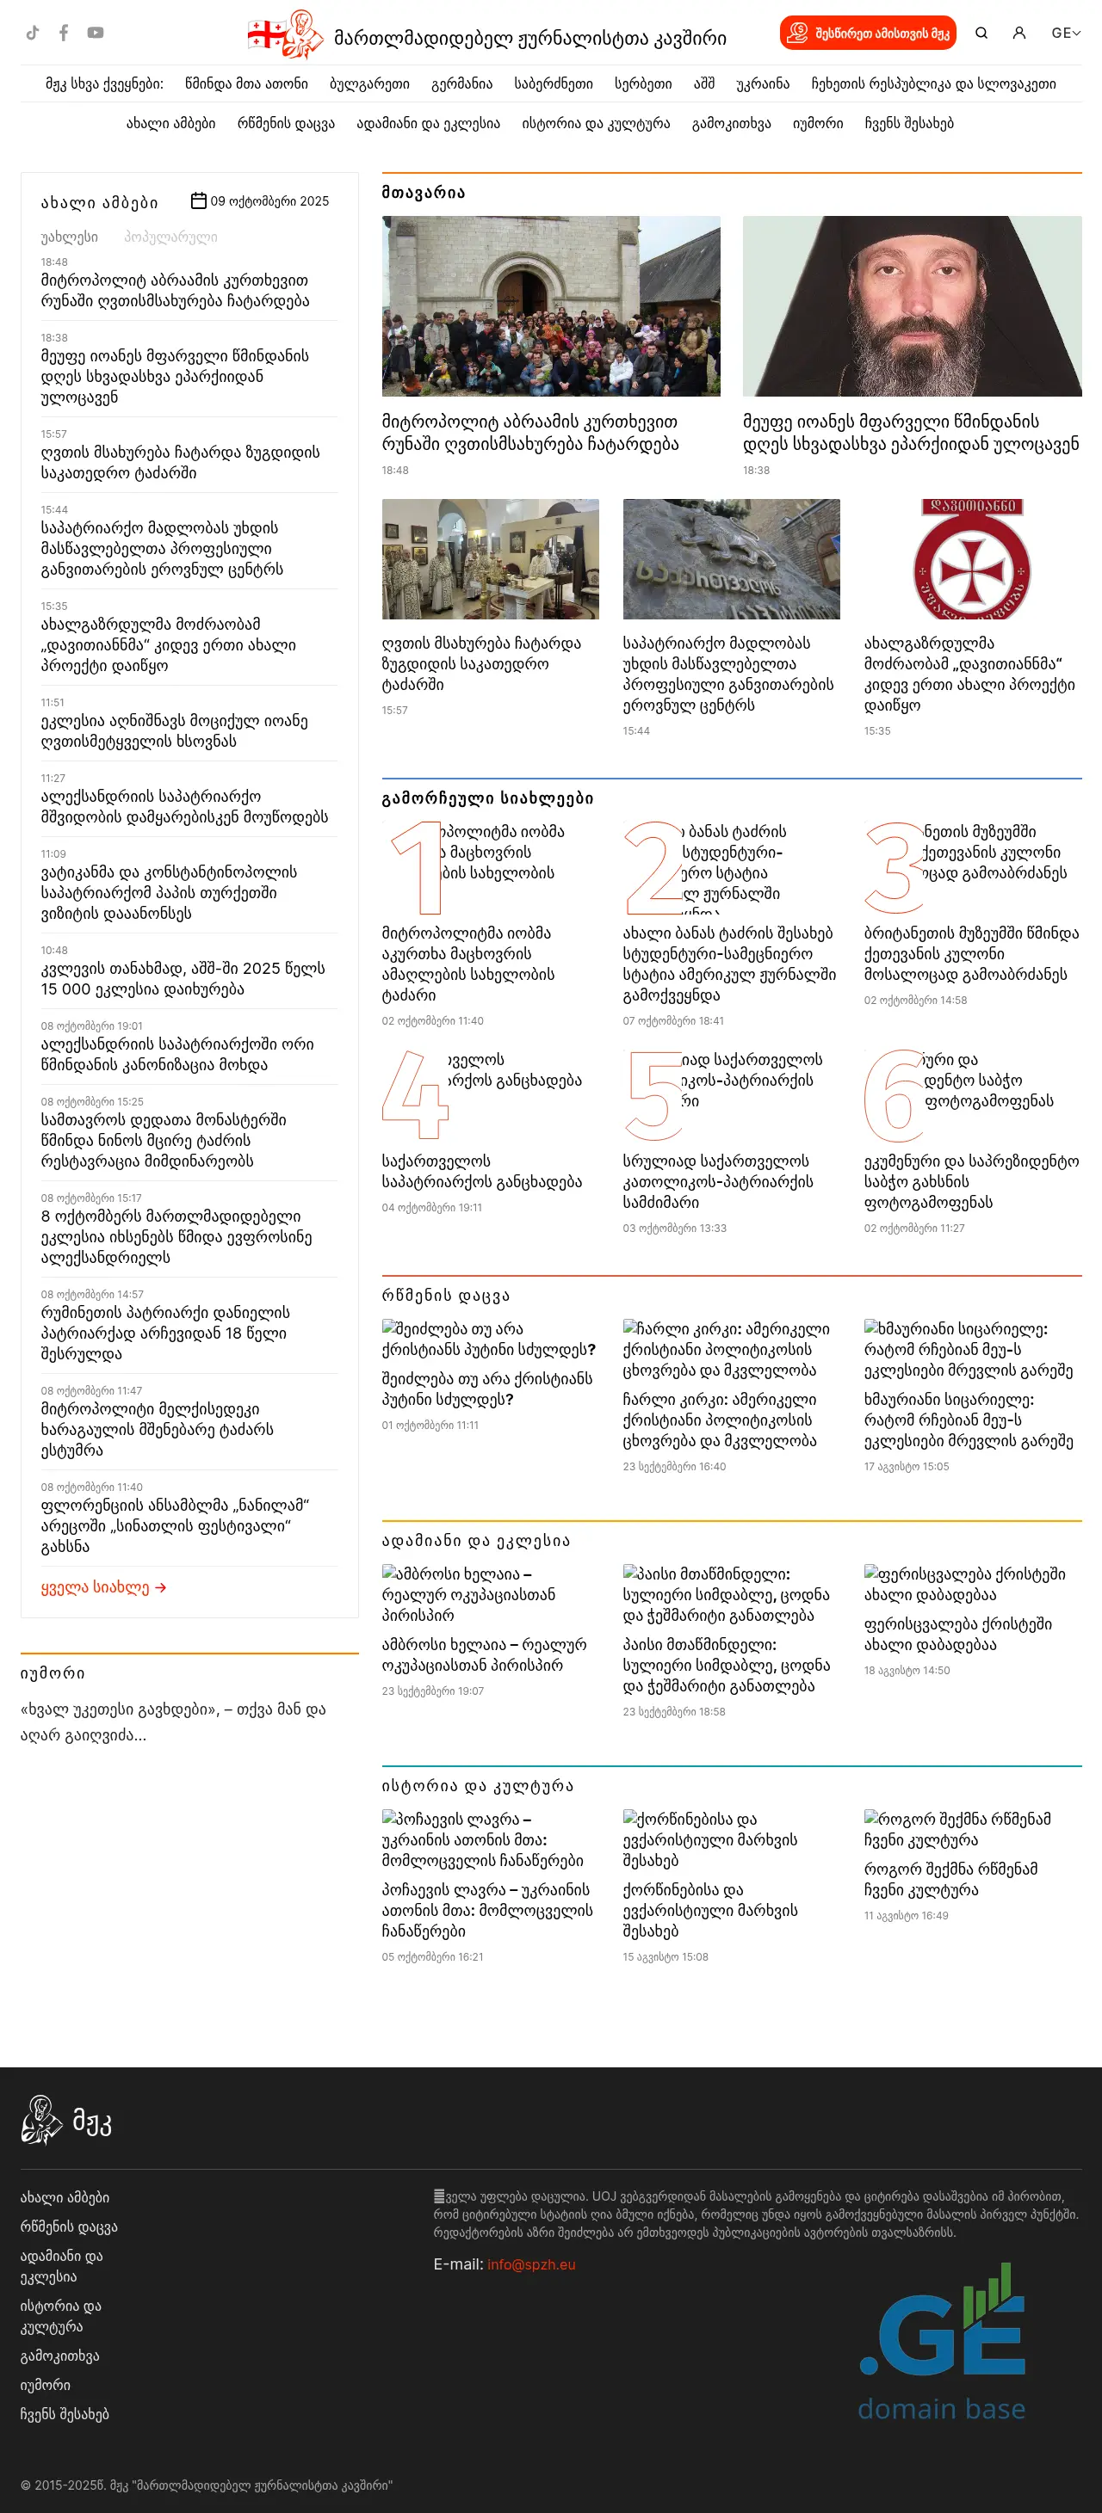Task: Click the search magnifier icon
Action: point(981,34)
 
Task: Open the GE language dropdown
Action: point(1065,34)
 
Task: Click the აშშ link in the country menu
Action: point(703,84)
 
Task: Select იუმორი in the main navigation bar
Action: point(817,124)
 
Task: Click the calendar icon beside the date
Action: point(198,201)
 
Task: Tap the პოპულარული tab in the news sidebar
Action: point(170,237)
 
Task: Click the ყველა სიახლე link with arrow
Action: point(103,1587)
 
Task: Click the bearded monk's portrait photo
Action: point(912,305)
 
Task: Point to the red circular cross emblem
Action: point(971,560)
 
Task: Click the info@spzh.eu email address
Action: point(531,2264)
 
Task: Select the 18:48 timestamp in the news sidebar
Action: point(53,262)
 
